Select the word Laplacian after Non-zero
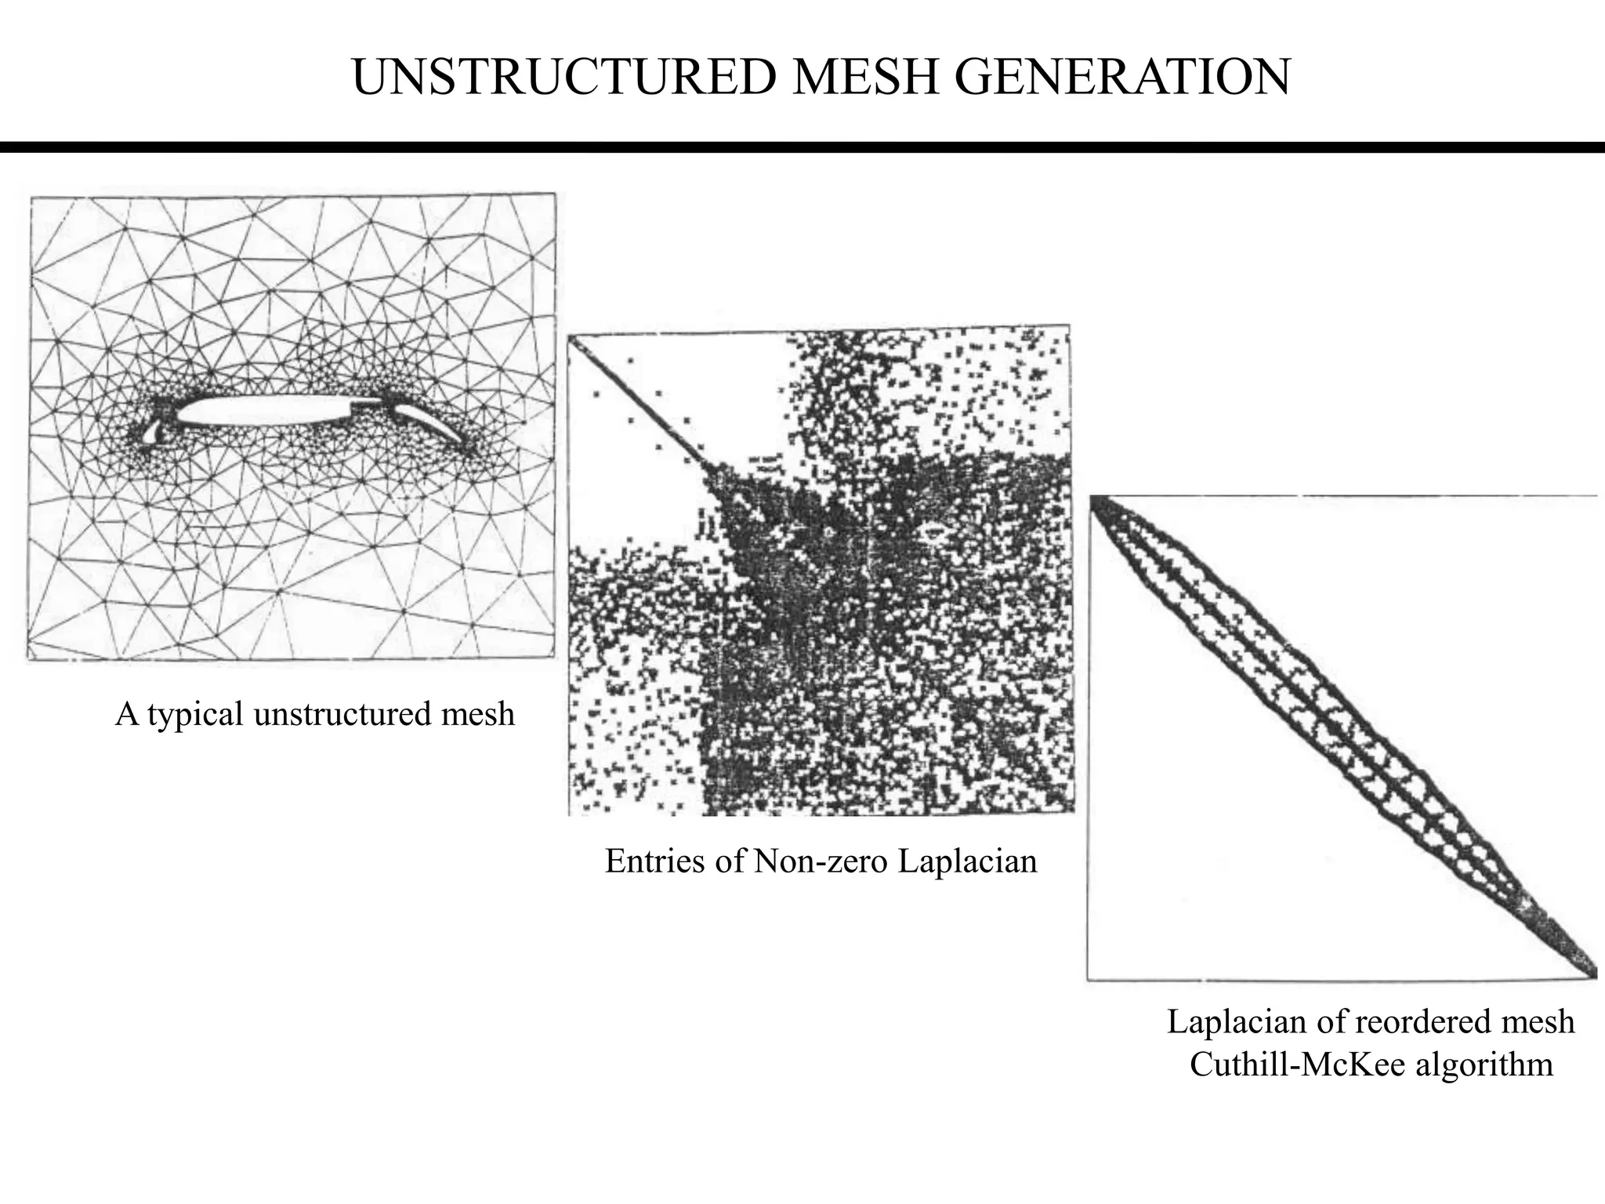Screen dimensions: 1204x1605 [967, 861]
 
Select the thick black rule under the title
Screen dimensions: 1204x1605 [802, 147]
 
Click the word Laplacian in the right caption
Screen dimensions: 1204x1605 [1226, 1022]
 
